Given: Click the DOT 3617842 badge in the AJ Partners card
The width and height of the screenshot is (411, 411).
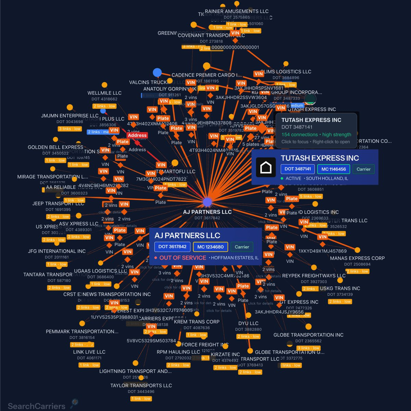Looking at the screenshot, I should (x=172, y=247).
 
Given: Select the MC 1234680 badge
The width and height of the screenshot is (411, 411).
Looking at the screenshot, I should (x=210, y=247).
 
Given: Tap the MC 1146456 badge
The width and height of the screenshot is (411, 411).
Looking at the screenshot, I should (x=333, y=169).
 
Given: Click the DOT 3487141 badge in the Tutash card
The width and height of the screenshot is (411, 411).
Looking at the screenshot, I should (x=298, y=169).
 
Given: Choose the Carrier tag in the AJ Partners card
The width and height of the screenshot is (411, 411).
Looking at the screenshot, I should (x=242, y=247).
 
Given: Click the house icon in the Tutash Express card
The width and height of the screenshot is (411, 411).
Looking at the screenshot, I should (x=266, y=167).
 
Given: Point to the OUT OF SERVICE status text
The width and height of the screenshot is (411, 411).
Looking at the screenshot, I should (x=183, y=258).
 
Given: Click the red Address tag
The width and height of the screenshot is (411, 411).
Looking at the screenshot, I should (x=137, y=135).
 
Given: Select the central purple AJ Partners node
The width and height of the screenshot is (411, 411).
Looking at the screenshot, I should (x=207, y=202).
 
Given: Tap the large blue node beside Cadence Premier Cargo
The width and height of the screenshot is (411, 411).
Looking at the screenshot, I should (x=157, y=73).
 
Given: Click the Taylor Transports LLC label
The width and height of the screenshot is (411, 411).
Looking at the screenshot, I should (x=141, y=385).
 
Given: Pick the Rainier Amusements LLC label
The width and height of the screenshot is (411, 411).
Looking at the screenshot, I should (x=237, y=11).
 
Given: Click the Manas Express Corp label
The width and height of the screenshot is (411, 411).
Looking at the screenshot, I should (x=357, y=258).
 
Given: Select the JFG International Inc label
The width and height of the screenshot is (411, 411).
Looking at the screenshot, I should (x=57, y=251).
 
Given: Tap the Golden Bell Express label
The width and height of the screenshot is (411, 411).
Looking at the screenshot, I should (x=55, y=147).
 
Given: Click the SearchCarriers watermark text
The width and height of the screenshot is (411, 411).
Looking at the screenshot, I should (x=36, y=406).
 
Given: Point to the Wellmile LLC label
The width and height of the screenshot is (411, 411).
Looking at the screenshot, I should (x=104, y=93).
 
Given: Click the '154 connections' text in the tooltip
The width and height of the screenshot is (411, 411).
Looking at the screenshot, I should (x=300, y=135).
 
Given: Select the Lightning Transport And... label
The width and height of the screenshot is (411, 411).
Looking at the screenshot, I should (x=136, y=371).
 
